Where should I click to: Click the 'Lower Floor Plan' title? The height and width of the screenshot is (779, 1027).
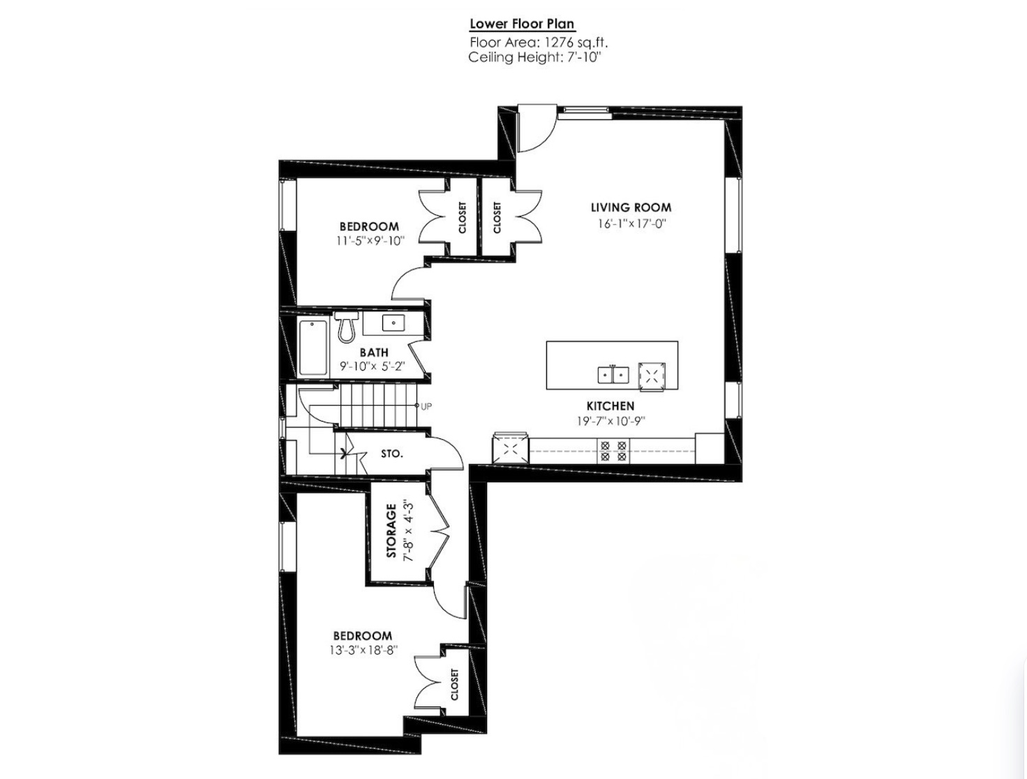522,24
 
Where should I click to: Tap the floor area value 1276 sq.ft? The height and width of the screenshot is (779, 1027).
575,43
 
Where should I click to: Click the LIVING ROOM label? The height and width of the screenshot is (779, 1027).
631,207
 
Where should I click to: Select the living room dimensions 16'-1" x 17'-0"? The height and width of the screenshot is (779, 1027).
631,223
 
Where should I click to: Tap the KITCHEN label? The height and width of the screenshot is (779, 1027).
610,406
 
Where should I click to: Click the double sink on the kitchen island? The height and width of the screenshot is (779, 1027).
613,375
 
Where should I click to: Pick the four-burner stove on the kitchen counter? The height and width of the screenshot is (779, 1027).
613,450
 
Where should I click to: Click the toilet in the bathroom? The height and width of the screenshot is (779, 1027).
346,326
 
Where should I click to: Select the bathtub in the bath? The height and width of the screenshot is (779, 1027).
313,348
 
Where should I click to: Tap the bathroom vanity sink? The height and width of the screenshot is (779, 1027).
393,322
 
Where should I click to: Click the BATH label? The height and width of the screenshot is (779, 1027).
374,353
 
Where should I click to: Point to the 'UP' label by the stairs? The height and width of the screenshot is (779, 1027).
426,407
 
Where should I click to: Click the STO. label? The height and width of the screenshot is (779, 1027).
392,454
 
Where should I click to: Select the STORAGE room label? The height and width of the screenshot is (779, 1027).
391,531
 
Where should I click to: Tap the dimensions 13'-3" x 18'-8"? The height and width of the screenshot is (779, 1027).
363,651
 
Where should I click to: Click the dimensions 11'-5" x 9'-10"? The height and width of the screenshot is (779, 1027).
370,241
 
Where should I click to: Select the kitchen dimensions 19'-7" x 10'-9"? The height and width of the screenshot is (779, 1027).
610,421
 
